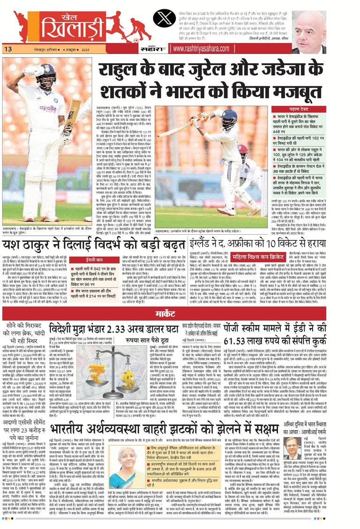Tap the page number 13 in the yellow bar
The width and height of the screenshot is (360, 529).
pyautogui.click(x=8, y=49)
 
